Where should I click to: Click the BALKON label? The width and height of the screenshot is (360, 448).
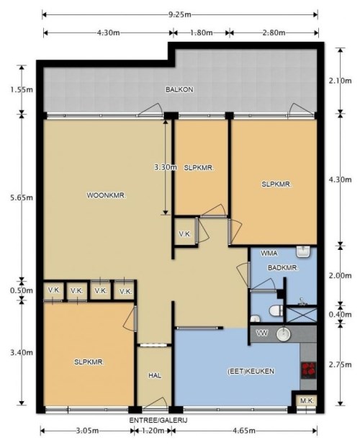click(179, 90)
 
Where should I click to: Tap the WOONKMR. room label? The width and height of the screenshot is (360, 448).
click(107, 195)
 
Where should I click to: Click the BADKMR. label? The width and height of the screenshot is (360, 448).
click(282, 268)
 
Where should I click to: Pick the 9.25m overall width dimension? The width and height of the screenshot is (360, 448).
click(179, 14)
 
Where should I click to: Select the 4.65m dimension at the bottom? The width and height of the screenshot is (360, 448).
click(245, 431)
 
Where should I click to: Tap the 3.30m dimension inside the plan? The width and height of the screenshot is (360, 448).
click(165, 167)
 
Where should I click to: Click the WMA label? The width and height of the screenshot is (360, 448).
click(269, 254)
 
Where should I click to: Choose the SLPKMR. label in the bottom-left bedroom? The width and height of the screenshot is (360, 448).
click(90, 362)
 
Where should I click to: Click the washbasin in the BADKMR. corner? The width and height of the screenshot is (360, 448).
click(304, 252)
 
